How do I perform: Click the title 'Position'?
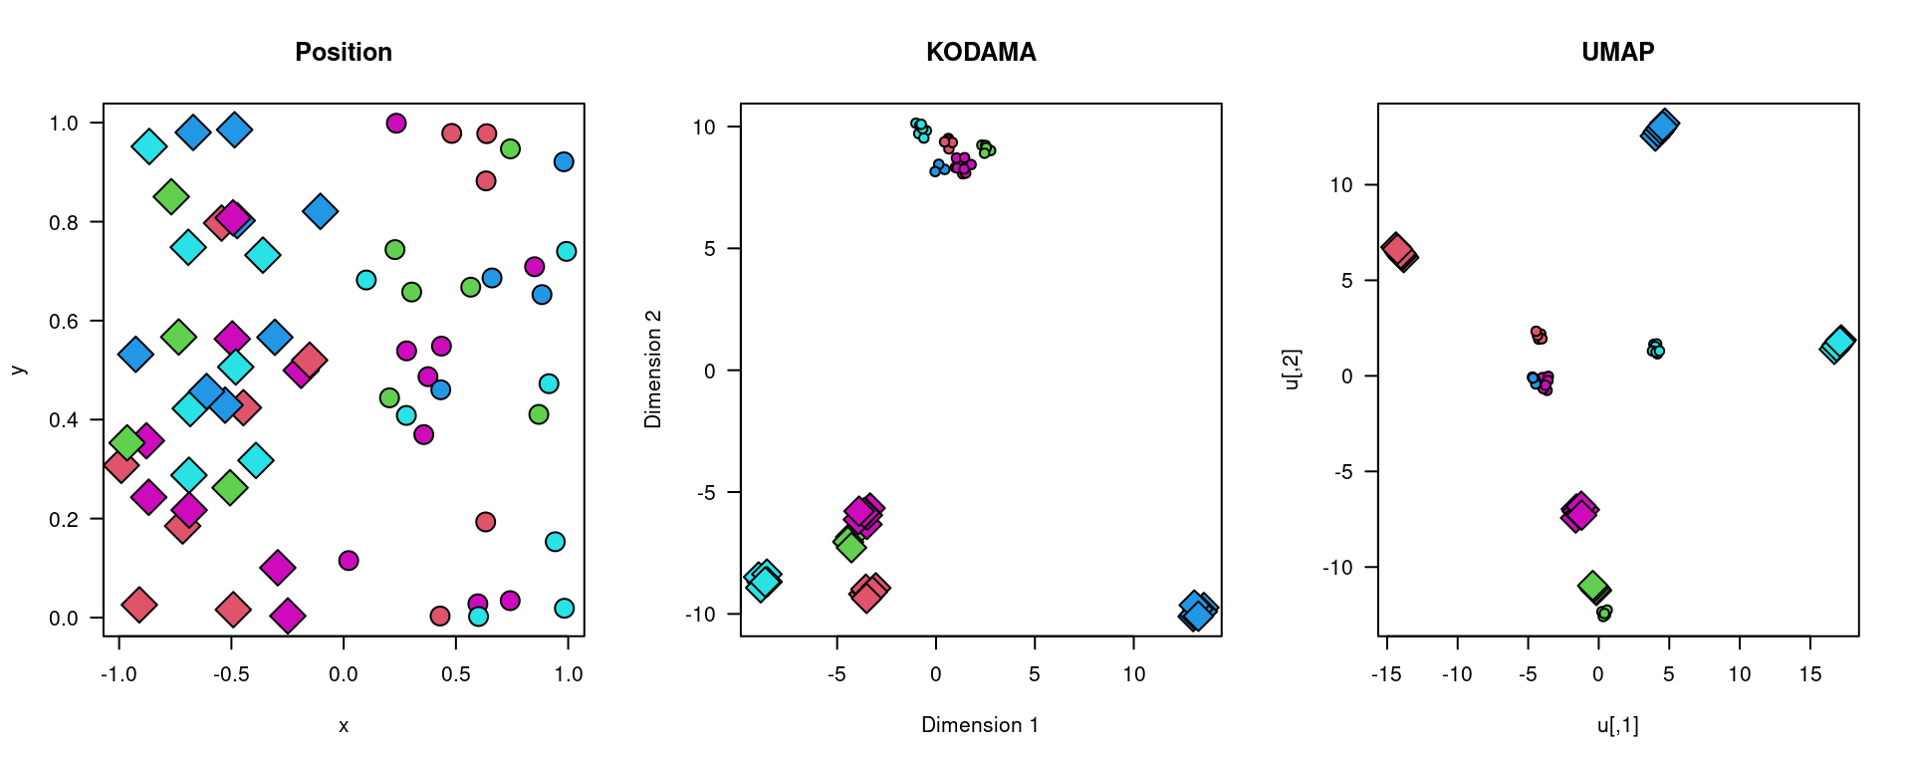click(x=344, y=52)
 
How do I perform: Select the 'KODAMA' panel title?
click(x=981, y=52)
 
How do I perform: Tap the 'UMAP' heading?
click(x=1617, y=52)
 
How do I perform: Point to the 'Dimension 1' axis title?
click(x=980, y=725)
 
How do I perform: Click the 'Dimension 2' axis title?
click(x=653, y=370)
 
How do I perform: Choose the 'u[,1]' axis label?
click(x=1617, y=725)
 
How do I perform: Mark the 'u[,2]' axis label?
click(x=1292, y=370)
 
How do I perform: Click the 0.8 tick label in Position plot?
click(x=64, y=222)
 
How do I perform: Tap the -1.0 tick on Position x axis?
click(x=119, y=674)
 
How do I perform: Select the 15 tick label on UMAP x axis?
click(x=1809, y=674)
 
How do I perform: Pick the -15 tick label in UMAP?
click(x=1386, y=674)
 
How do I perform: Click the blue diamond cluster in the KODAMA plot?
click(x=1197, y=611)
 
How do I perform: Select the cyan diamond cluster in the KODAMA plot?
click(x=763, y=580)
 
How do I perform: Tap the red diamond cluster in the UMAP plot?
click(x=1399, y=252)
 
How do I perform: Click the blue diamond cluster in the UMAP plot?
click(x=1659, y=130)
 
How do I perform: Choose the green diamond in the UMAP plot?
click(x=1594, y=587)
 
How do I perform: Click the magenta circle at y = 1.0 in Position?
click(x=395, y=124)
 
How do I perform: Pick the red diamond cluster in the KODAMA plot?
click(x=868, y=593)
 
